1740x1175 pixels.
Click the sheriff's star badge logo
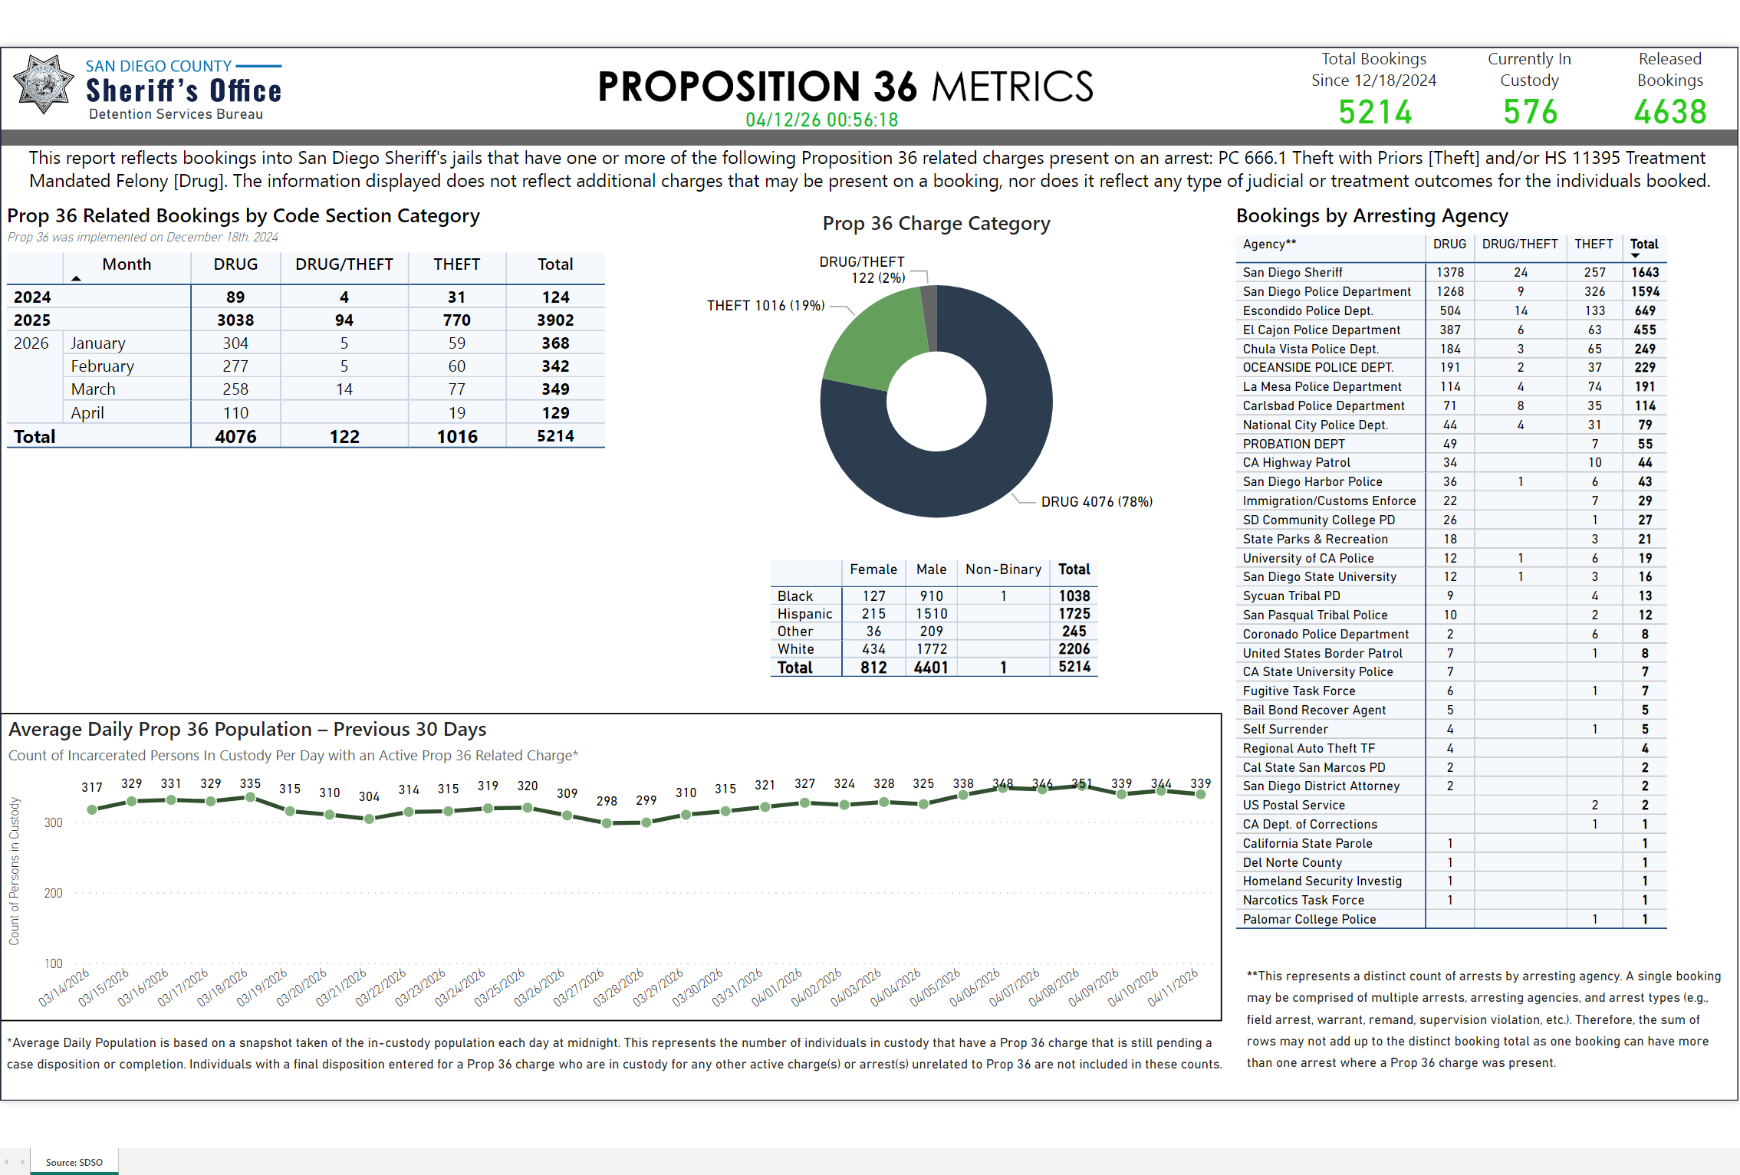[44, 85]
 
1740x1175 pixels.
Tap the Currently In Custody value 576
[1530, 112]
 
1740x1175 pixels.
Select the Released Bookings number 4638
[1669, 112]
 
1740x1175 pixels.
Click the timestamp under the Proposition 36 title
[821, 120]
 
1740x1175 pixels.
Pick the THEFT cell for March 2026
[456, 389]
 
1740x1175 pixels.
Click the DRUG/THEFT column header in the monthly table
[344, 264]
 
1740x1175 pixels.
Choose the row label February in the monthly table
[102, 366]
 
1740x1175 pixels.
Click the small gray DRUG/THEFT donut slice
[929, 314]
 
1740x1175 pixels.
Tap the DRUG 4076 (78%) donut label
[1096, 502]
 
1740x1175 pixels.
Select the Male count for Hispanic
[931, 614]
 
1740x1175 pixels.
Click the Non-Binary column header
[1002, 569]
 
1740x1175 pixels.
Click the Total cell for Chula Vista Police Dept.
[1644, 349]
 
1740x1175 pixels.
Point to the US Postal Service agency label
[1294, 805]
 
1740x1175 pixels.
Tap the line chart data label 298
[607, 801]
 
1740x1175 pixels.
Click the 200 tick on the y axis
[53, 893]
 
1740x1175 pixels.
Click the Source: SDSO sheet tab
[74, 1162]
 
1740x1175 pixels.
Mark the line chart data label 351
[1081, 783]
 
